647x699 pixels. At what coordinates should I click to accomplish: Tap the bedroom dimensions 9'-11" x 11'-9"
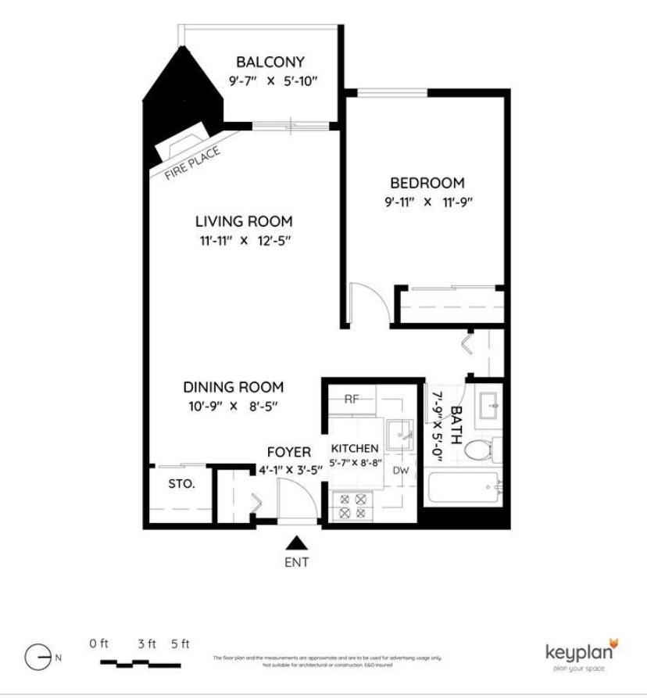click(427, 202)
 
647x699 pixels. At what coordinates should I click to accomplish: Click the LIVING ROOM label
click(244, 221)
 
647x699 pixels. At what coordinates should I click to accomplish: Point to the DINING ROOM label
click(233, 387)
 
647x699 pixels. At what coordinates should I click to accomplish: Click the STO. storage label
click(181, 483)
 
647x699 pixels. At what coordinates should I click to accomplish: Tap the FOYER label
click(288, 452)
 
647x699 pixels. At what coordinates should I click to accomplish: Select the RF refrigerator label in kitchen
click(352, 399)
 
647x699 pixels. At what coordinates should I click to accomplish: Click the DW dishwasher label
click(401, 470)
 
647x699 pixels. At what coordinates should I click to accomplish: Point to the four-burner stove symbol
click(350, 506)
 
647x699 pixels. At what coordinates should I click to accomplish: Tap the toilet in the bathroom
click(479, 449)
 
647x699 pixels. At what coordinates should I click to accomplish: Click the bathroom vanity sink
click(488, 403)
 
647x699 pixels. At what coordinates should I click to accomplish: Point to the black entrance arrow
click(295, 542)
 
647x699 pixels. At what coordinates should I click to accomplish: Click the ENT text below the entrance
click(295, 562)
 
